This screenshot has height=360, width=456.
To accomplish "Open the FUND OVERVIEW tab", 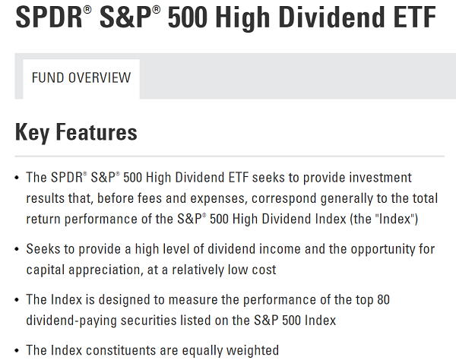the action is click(x=81, y=78).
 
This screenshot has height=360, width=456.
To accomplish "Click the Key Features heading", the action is click(x=76, y=132).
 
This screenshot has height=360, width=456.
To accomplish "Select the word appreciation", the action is click(x=106, y=270).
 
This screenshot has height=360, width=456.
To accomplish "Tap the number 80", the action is click(x=383, y=299).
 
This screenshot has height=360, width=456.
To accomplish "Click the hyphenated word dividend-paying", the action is click(x=71, y=321).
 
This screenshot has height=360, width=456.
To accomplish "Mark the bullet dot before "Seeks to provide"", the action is click(x=17, y=249).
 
